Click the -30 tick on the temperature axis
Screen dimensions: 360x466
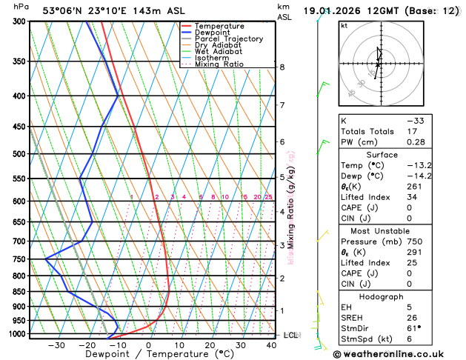[x=56, y=345]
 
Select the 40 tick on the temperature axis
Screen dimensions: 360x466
[x=271, y=345]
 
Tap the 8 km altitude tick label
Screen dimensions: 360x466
[x=282, y=67]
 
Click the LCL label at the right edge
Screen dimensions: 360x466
[x=290, y=336]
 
